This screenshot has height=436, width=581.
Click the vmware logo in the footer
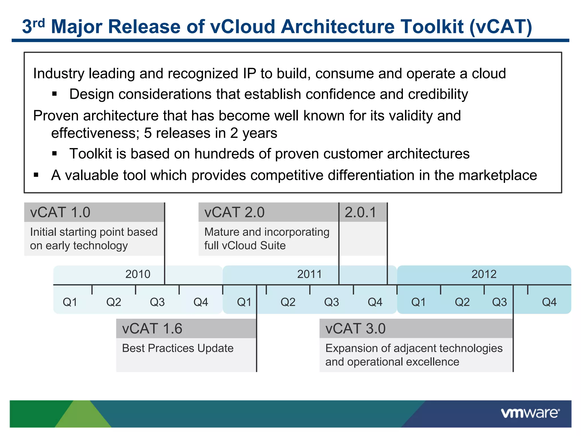click(530, 413)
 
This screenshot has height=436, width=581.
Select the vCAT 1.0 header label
click(60, 212)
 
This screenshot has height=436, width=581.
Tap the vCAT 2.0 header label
click(234, 212)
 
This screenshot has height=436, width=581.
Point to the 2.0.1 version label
click(360, 212)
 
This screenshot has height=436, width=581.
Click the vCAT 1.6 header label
click(152, 329)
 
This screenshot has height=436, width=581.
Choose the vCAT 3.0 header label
click(355, 329)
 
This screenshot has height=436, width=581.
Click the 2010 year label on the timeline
click(138, 274)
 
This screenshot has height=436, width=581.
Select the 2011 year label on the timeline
click(310, 274)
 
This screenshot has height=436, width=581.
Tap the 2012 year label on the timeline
click(484, 274)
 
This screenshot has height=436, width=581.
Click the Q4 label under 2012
click(549, 302)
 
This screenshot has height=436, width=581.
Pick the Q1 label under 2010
click(70, 302)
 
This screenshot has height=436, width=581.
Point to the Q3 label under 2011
click(331, 302)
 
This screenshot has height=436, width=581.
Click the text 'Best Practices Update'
click(178, 348)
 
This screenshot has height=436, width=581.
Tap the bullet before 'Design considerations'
click(55, 94)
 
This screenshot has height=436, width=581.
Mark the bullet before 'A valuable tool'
click(36, 175)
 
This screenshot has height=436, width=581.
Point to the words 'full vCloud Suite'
click(245, 246)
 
